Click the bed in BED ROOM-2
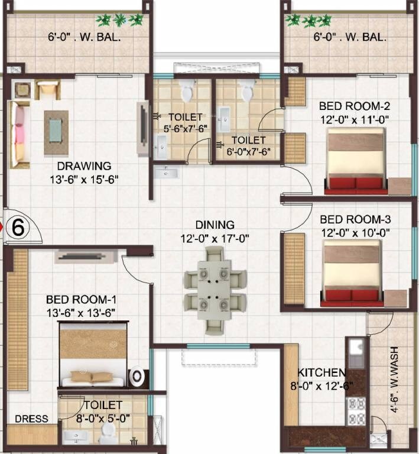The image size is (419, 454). point(356,161)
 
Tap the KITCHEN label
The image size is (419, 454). point(321,373)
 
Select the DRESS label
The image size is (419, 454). point(31,419)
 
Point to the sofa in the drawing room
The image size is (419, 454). point(19,134)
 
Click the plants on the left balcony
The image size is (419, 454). point(120,20)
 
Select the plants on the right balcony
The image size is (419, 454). point(309,21)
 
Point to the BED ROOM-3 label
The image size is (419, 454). point(355,219)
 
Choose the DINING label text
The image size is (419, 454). point(215,225)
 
